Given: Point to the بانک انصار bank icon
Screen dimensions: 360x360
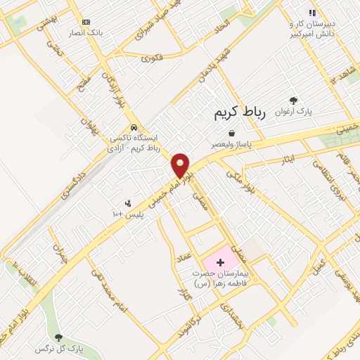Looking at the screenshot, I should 86,22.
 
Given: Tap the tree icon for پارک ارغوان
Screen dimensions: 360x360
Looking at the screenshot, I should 293,101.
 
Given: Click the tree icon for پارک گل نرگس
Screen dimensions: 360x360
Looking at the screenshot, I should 58,337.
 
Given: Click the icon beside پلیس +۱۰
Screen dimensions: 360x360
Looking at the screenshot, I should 127,204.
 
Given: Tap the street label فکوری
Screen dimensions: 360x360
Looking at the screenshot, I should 151,58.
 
